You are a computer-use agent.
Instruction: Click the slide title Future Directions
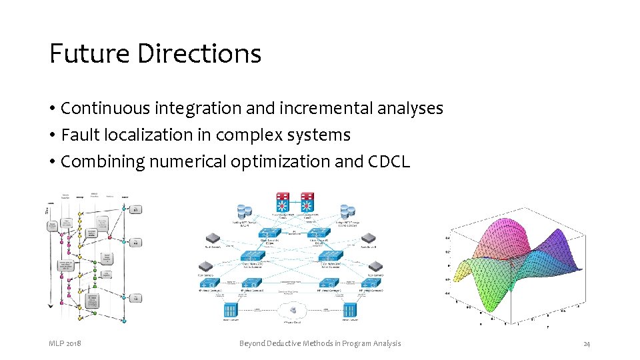[155, 53]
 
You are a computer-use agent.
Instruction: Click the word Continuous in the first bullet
[95, 108]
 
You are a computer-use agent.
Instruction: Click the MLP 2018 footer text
[65, 343]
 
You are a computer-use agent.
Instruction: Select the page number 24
[586, 343]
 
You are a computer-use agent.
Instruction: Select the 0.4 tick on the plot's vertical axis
[447, 237]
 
